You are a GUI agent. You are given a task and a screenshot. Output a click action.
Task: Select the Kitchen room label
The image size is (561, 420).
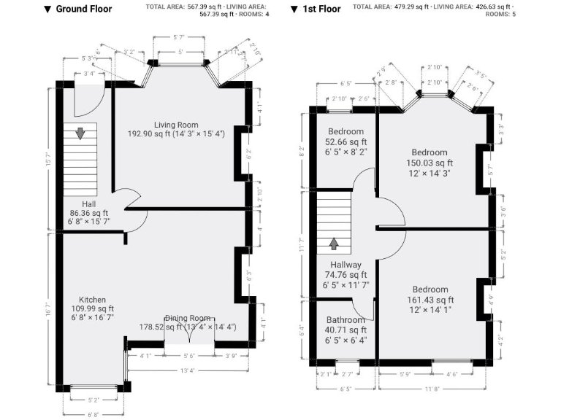point(93,300)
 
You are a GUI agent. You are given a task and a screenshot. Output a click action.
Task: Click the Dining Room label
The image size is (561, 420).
point(188,318)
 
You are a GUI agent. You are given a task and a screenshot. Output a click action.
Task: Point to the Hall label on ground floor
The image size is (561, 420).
point(89,204)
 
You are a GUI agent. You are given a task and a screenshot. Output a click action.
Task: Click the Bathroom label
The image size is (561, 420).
point(346,320)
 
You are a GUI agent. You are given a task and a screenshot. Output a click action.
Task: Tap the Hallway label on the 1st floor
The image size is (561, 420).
point(345,265)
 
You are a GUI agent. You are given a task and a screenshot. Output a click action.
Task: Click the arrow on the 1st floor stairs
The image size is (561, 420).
point(335,242)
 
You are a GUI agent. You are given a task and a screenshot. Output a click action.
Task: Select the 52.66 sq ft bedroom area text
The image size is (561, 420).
point(346,142)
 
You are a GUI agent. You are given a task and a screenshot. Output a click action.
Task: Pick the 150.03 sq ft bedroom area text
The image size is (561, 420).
point(430,163)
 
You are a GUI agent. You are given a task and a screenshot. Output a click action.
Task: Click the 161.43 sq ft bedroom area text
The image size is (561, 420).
point(430,300)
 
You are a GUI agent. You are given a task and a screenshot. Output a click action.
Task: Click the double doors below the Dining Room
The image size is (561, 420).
point(189,332)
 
